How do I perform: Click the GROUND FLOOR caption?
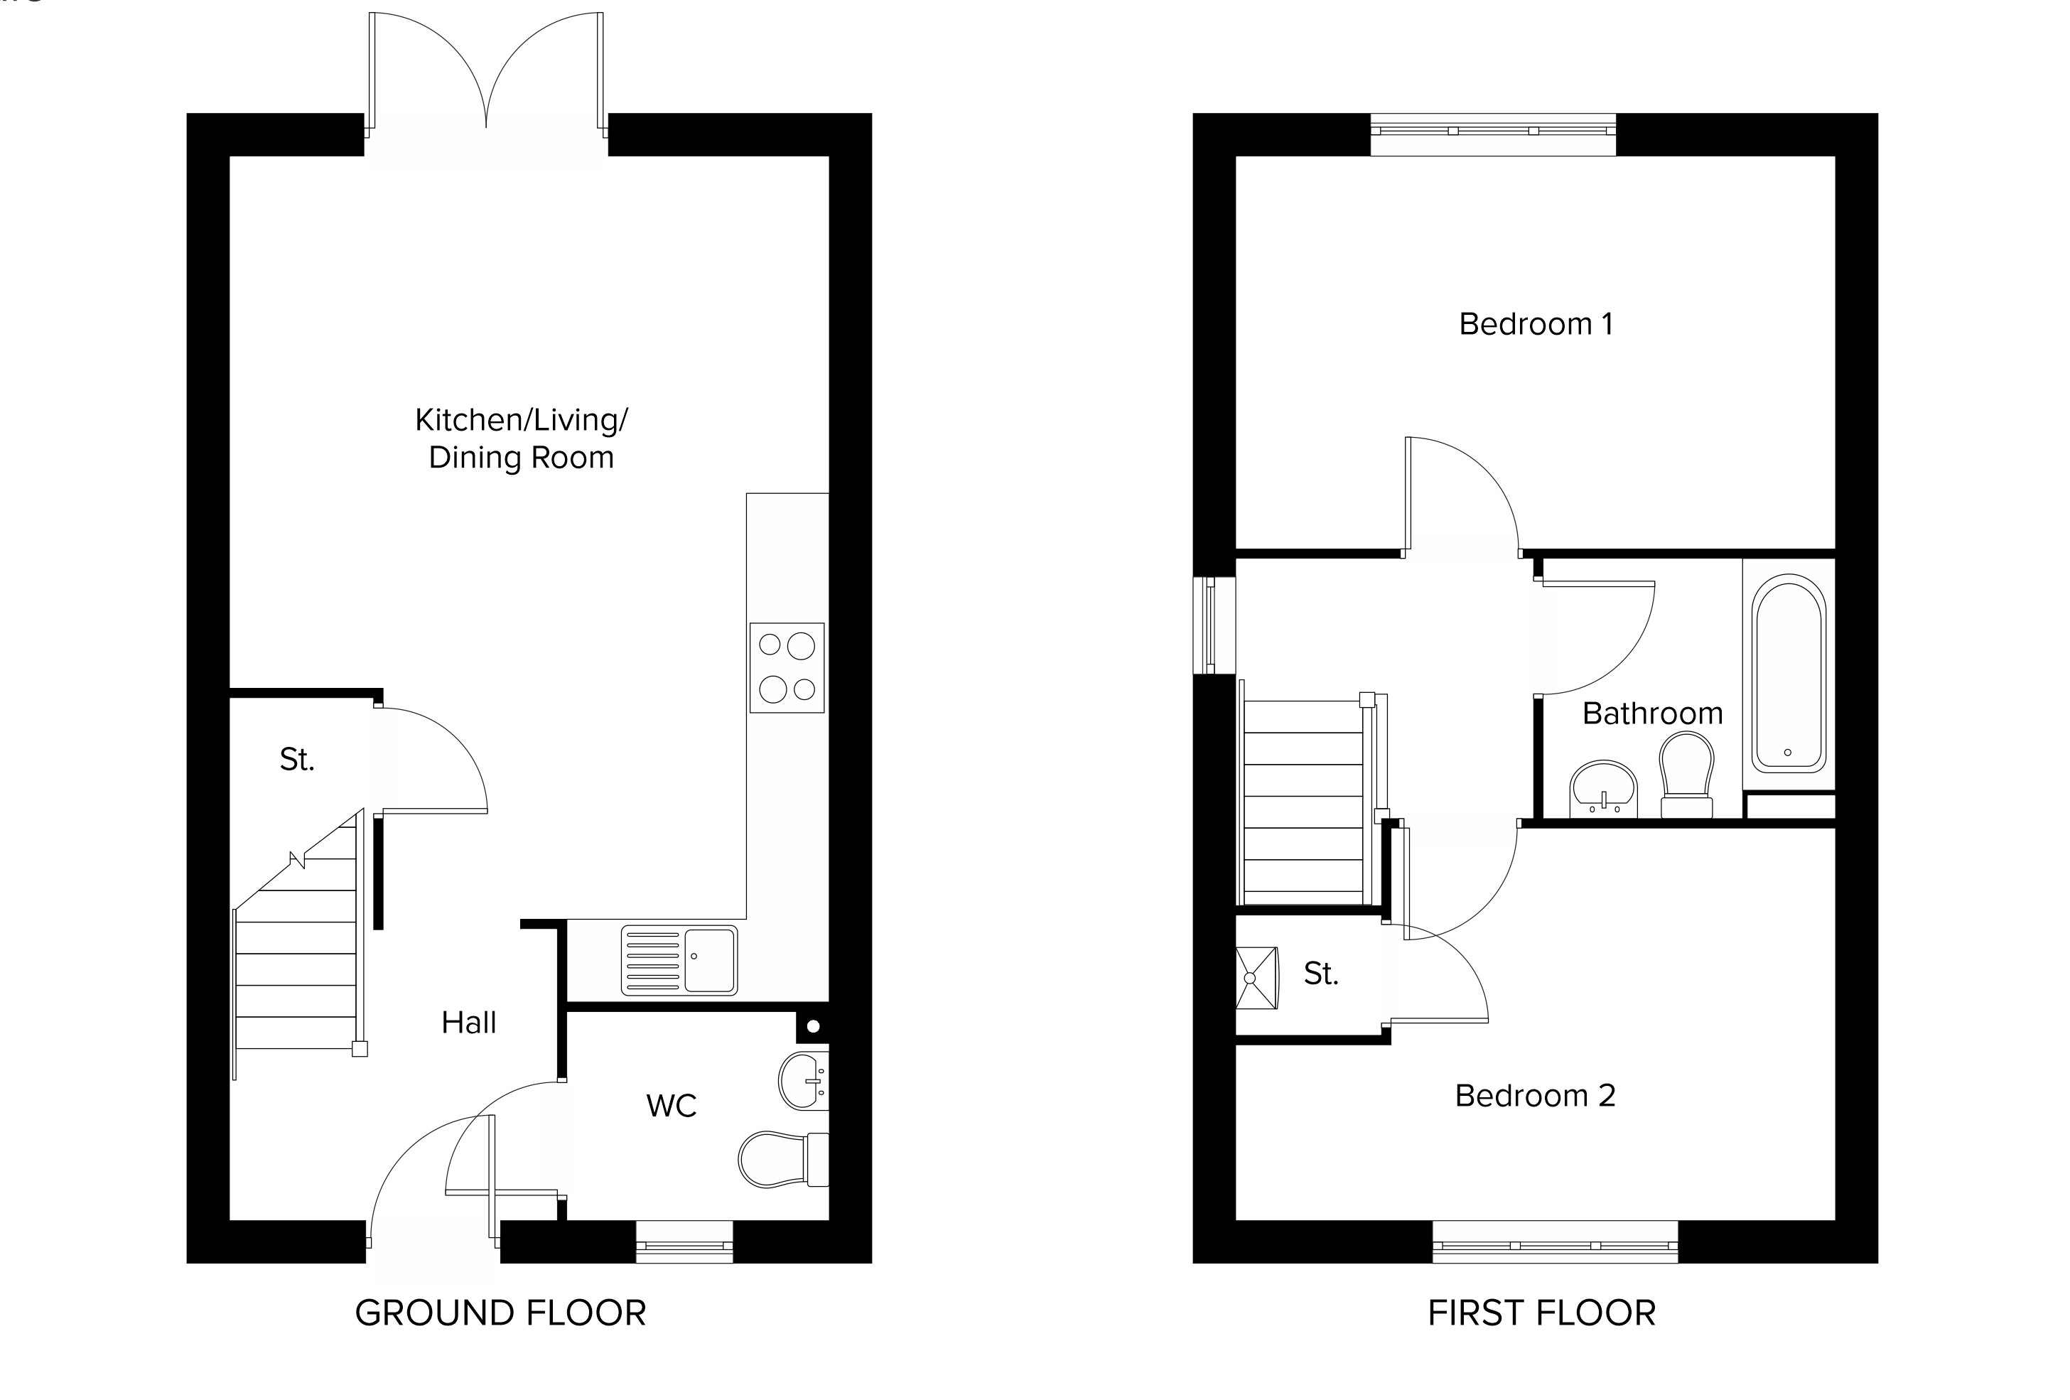[x=500, y=1313]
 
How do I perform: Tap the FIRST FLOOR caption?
[x=1542, y=1313]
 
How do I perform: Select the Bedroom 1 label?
[x=1536, y=323]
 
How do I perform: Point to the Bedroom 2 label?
[x=1535, y=1094]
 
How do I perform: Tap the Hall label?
[x=468, y=1023]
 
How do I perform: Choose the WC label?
[x=672, y=1105]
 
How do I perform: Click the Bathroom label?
[x=1652, y=714]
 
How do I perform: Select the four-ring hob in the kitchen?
[x=787, y=668]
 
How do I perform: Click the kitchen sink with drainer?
[x=679, y=960]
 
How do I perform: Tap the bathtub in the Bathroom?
[x=1789, y=673]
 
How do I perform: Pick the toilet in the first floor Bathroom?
[x=1687, y=774]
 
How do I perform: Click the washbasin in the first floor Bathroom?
[x=1603, y=788]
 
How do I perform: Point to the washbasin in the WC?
[x=804, y=1081]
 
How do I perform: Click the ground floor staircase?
[x=298, y=944]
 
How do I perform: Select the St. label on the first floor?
[x=1321, y=974]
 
